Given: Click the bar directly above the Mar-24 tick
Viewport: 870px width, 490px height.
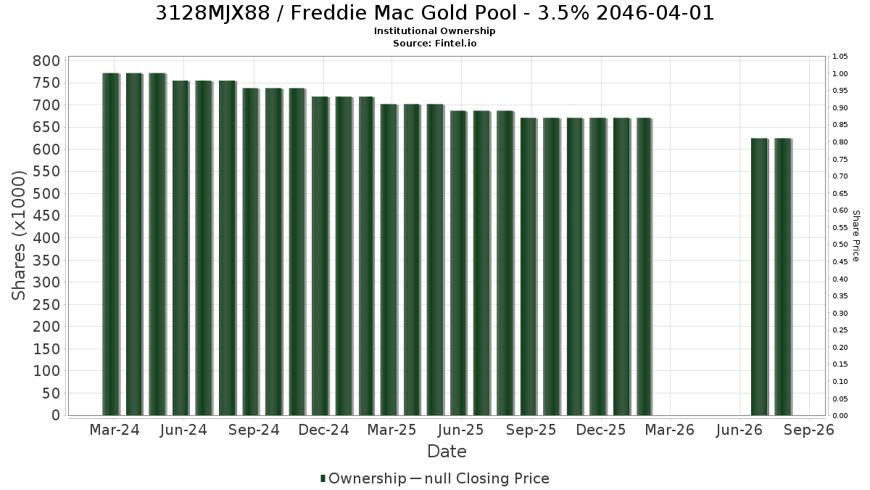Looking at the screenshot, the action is tap(111, 244).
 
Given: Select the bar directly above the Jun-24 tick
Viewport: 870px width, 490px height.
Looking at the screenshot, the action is tap(181, 248).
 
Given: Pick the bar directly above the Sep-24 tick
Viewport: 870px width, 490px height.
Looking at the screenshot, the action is tap(251, 252).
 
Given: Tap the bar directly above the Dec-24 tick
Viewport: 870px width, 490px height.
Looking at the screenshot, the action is tap(320, 256).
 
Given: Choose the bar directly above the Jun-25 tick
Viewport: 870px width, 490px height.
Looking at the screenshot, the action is tap(459, 263).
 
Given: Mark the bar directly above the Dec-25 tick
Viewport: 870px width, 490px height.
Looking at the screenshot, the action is tap(598, 266).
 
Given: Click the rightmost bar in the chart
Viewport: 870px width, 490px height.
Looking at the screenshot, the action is tap(783, 277).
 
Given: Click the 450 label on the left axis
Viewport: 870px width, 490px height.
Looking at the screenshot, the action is tap(46, 216).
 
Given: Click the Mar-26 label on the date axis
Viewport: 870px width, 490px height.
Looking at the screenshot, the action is tap(670, 430).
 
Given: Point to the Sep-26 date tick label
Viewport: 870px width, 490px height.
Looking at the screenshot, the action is tap(809, 430).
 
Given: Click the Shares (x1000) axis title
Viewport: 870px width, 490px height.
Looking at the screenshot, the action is tap(19, 235).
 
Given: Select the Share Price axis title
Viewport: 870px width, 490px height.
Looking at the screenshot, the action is tap(855, 236).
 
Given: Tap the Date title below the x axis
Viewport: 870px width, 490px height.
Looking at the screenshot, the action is tap(447, 452).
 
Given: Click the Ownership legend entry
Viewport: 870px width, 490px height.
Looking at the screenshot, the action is tap(362, 478).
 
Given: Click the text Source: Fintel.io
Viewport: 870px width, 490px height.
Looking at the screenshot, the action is tap(434, 43).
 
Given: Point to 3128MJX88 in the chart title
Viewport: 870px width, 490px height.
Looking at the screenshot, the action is tap(213, 13).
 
